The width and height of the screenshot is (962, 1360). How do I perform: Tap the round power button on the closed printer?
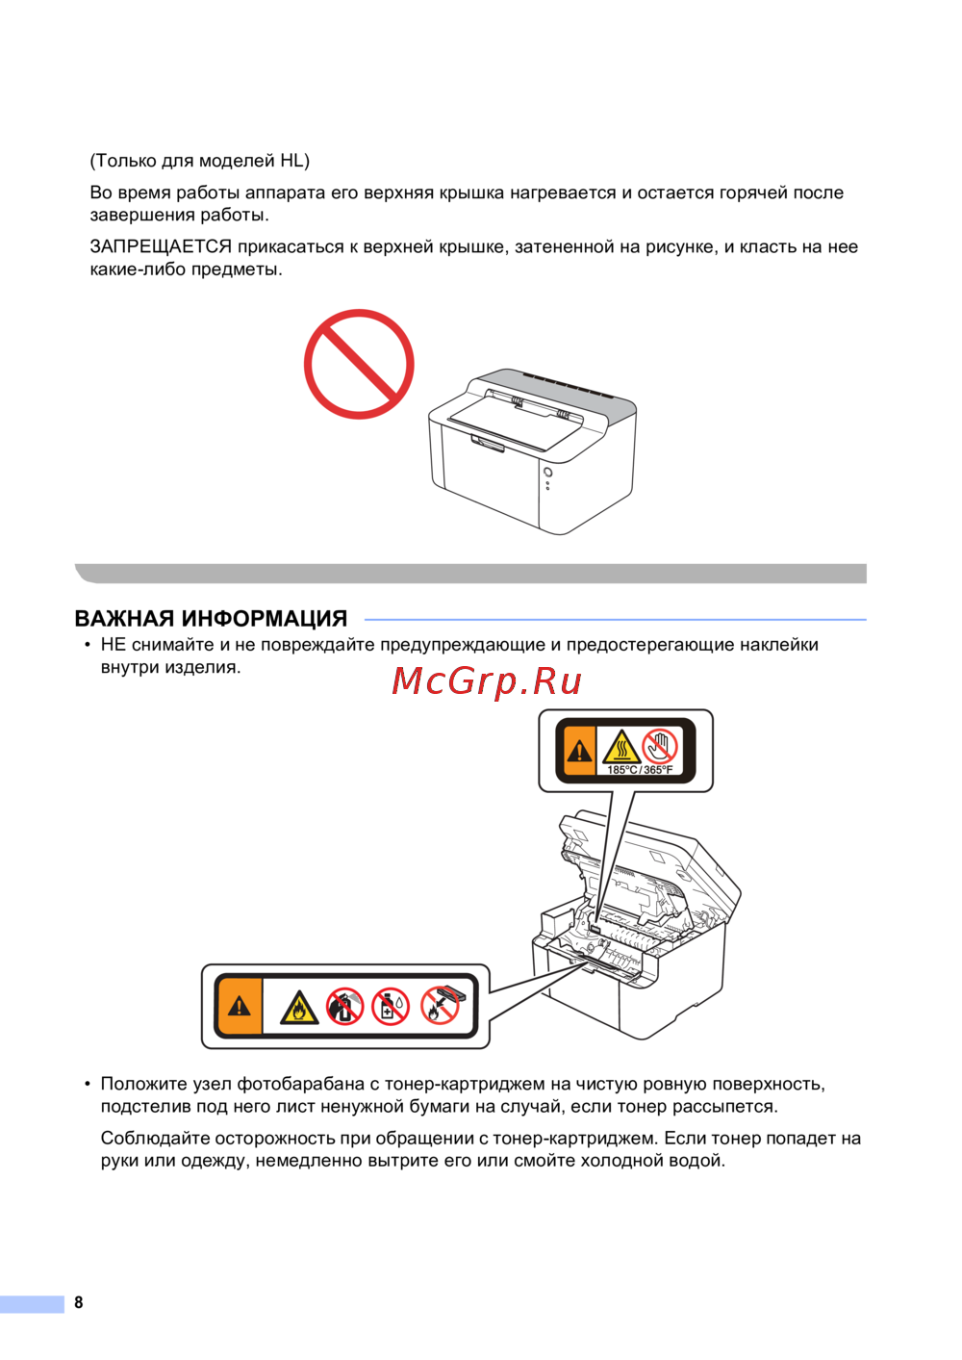tap(547, 473)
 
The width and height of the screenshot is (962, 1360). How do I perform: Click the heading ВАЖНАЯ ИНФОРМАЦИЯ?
tap(211, 619)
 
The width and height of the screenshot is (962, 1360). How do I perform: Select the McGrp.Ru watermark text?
tap(487, 681)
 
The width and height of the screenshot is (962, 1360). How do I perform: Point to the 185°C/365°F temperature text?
tap(640, 770)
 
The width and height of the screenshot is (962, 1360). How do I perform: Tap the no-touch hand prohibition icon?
tap(660, 746)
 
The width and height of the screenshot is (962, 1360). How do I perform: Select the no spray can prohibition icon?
tap(344, 1007)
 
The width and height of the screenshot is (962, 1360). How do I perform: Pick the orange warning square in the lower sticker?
tap(240, 1006)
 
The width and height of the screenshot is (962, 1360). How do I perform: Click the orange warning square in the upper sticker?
tap(580, 751)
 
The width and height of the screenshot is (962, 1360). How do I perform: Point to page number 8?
tap(78, 1301)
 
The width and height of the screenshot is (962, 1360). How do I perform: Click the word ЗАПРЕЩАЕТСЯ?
tap(161, 247)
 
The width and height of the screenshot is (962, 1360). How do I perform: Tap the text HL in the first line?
tap(291, 161)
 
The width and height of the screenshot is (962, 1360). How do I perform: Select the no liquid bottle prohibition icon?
tap(391, 1007)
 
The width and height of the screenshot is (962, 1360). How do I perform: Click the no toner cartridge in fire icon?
tap(440, 1006)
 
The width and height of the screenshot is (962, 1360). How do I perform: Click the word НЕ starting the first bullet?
tap(113, 645)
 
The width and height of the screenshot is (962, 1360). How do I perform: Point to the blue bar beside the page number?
tap(32, 1303)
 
